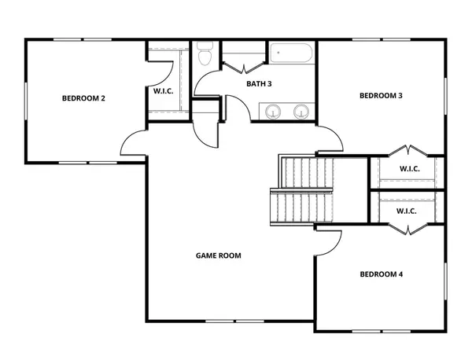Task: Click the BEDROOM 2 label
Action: pyautogui.click(x=83, y=99)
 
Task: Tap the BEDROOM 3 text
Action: pyautogui.click(x=381, y=96)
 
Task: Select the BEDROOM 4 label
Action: pyautogui.click(x=381, y=274)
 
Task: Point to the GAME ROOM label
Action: pyautogui.click(x=218, y=255)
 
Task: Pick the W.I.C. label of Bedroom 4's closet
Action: pyautogui.click(x=406, y=211)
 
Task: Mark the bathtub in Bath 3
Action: pyautogui.click(x=292, y=56)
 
